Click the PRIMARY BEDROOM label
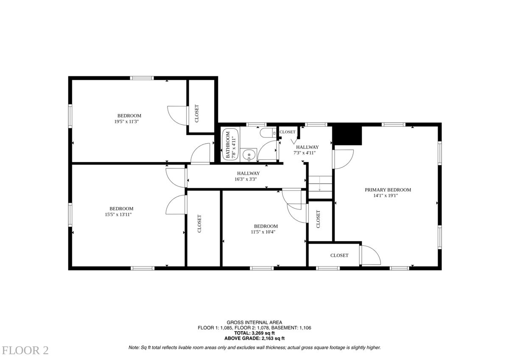[388, 190]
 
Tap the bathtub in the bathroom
[231, 145]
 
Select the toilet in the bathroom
[268, 133]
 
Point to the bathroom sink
[249, 155]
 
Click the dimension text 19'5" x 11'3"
[126, 122]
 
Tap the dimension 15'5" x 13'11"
[118, 215]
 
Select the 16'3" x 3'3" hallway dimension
[246, 179]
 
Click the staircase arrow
[320, 184]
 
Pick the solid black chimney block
[347, 135]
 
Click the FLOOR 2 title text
[25, 351]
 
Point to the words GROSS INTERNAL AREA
[254, 322]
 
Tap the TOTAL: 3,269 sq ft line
[254, 333]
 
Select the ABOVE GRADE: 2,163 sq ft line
[254, 338]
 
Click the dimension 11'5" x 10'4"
[263, 232]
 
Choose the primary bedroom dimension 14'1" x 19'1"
[386, 195]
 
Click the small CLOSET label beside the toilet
[288, 132]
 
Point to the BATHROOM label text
[228, 145]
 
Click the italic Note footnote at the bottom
[255, 348]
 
